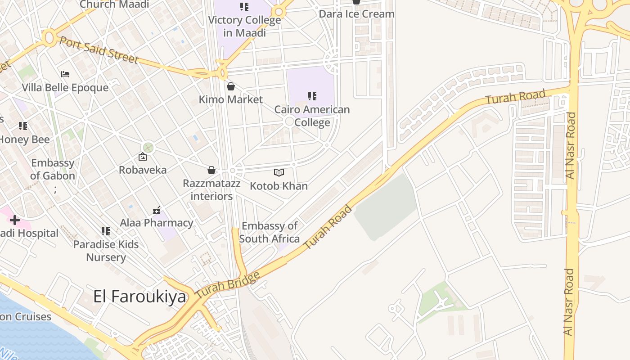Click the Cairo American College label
tap(312, 116)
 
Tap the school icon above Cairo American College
tap(312, 96)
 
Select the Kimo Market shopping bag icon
tap(231, 86)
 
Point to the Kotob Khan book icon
tap(279, 172)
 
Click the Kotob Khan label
tap(279, 186)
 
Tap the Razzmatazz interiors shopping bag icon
tap(211, 170)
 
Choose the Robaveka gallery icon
tap(143, 157)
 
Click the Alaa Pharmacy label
tap(157, 223)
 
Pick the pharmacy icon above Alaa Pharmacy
tap(157, 209)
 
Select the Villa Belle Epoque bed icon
tap(65, 74)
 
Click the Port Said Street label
tap(99, 50)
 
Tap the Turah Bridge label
tap(228, 285)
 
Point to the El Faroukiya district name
tap(139, 297)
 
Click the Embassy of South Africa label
tap(270, 232)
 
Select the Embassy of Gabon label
tap(53, 169)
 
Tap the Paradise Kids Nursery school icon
tap(106, 231)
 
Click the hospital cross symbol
tap(15, 220)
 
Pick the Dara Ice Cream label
tap(356, 14)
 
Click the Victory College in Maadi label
tap(244, 27)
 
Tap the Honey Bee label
tap(24, 139)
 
